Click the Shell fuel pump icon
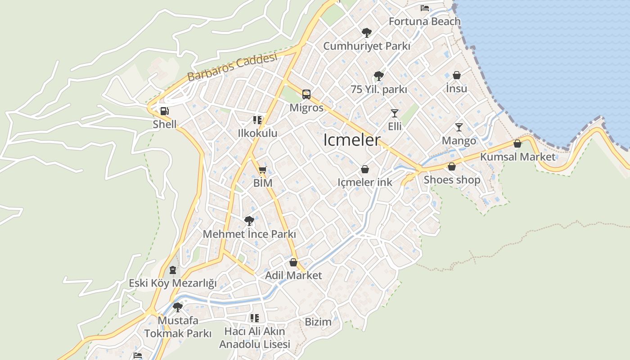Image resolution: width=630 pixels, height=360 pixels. pyautogui.click(x=165, y=111)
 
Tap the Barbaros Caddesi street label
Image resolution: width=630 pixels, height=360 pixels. pyautogui.click(x=232, y=67)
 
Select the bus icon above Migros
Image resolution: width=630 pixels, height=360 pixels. pyautogui.click(x=306, y=94)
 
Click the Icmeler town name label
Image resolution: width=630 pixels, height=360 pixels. pyautogui.click(x=352, y=140)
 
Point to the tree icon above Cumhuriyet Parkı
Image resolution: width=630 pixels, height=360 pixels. pyautogui.click(x=366, y=32)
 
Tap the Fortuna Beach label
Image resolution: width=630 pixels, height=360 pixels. pyautogui.click(x=424, y=21)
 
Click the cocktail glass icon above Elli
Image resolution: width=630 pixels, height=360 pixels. pyautogui.click(x=395, y=113)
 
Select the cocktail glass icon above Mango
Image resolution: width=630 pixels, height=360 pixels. pyautogui.click(x=459, y=127)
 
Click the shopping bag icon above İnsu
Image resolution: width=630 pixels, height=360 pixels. pyautogui.click(x=456, y=75)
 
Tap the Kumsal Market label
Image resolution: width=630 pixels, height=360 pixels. pyautogui.click(x=518, y=157)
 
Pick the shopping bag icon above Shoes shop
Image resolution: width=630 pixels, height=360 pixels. pyautogui.click(x=452, y=166)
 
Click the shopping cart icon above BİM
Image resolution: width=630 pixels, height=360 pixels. pyautogui.click(x=263, y=170)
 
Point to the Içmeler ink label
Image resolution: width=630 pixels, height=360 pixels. pyautogui.click(x=365, y=182)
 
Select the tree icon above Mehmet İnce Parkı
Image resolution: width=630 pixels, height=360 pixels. pyautogui.click(x=249, y=220)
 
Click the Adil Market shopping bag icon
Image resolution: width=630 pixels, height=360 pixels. pyautogui.click(x=293, y=262)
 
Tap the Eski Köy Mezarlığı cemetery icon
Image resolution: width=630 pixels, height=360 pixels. pyautogui.click(x=172, y=270)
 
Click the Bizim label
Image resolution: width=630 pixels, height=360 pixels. pyautogui.click(x=318, y=322)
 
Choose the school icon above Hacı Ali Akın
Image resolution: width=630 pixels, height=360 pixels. pyautogui.click(x=255, y=318)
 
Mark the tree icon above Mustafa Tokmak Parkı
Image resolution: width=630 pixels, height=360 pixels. pyautogui.click(x=178, y=307)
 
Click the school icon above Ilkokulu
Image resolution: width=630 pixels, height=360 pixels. pyautogui.click(x=257, y=120)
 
